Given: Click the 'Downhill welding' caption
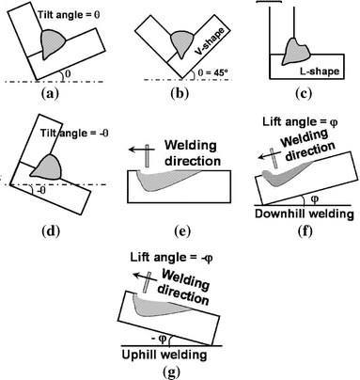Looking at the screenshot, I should click(x=303, y=214).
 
